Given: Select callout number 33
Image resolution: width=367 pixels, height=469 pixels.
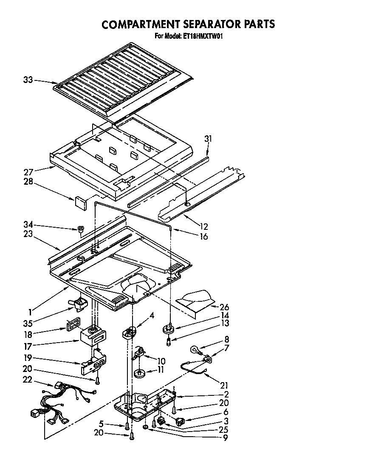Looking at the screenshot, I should pos(28,80).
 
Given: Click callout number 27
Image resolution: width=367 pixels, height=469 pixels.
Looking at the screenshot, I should pos(28,172).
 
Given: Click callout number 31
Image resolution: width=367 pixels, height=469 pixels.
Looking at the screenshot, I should pos(208,139).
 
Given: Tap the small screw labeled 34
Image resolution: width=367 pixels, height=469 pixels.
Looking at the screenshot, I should pos(80,230).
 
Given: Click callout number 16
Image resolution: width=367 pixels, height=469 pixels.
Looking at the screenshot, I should pos(204,237).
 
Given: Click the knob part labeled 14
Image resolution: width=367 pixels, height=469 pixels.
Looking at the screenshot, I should pos(169,329).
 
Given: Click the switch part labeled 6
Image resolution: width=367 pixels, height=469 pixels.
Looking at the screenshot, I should pos(181,422).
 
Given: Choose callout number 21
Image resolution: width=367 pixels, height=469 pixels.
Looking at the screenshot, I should pos(223,386).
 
